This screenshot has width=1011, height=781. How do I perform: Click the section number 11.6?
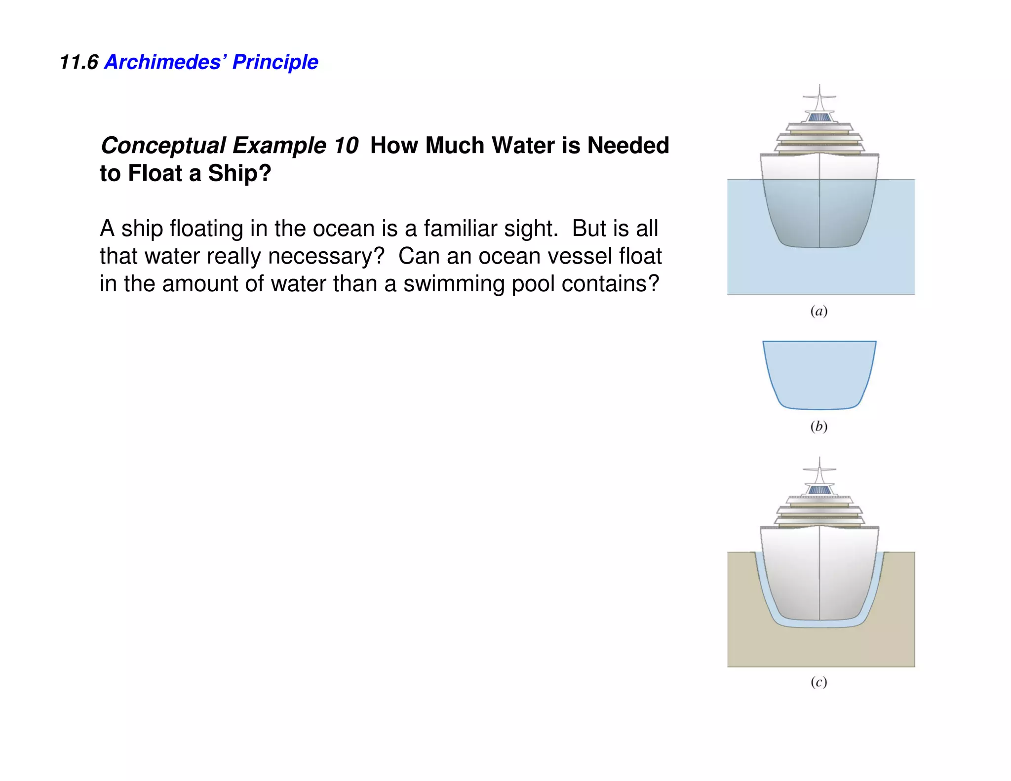[78, 62]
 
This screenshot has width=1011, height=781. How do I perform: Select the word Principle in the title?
[275, 62]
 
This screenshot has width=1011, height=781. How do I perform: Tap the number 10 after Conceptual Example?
[346, 146]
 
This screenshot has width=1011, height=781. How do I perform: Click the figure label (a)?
[819, 311]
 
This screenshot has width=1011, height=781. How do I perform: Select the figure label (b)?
[819, 426]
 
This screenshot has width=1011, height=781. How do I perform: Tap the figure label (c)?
[819, 682]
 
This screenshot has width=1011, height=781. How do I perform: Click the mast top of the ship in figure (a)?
[819, 88]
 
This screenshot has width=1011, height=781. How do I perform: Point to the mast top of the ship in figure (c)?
[819, 461]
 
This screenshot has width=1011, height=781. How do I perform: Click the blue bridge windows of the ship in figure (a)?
[819, 118]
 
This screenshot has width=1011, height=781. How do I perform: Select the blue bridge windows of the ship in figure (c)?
[819, 491]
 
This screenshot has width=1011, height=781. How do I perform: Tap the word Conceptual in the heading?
[163, 146]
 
